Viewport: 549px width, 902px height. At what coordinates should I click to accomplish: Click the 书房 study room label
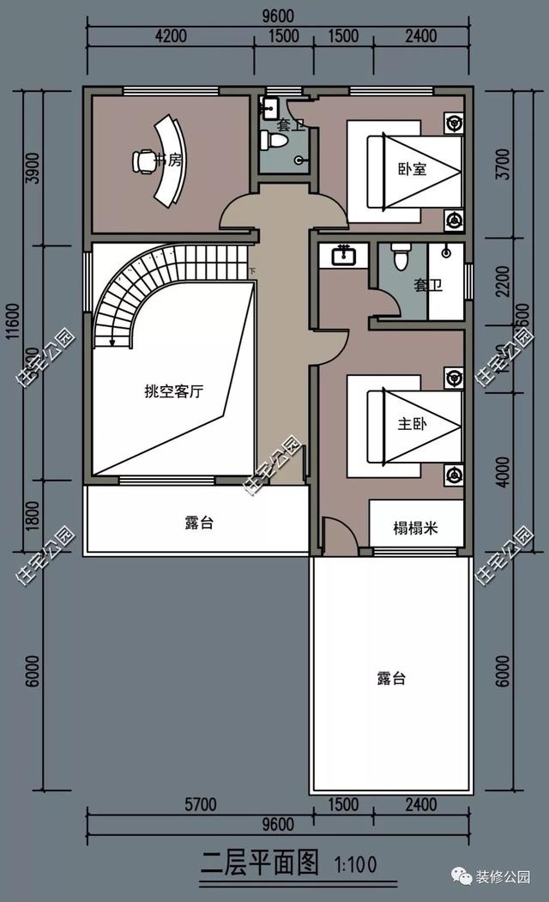pyautogui.click(x=168, y=160)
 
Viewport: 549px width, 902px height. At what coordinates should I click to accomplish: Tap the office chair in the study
pyautogui.click(x=142, y=160)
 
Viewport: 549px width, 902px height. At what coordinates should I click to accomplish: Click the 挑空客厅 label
pyautogui.click(x=173, y=391)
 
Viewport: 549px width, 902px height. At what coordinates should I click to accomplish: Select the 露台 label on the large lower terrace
pyautogui.click(x=390, y=678)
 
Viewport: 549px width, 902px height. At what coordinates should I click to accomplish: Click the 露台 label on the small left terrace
pyautogui.click(x=198, y=523)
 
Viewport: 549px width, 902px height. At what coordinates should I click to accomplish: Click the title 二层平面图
pyautogui.click(x=259, y=862)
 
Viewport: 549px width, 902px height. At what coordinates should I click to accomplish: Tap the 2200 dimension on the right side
pyautogui.click(x=503, y=281)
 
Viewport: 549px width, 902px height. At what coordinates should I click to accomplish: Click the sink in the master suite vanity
pyautogui.click(x=342, y=254)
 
